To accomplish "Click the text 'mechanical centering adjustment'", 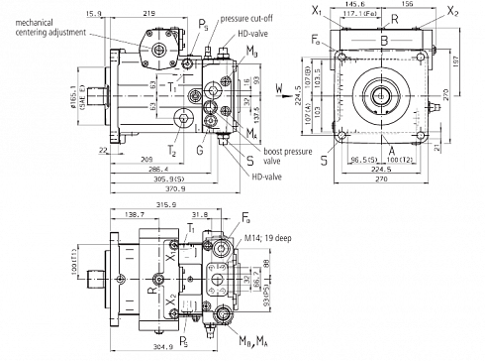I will [x=50, y=25].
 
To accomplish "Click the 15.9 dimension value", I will [x=95, y=13].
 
